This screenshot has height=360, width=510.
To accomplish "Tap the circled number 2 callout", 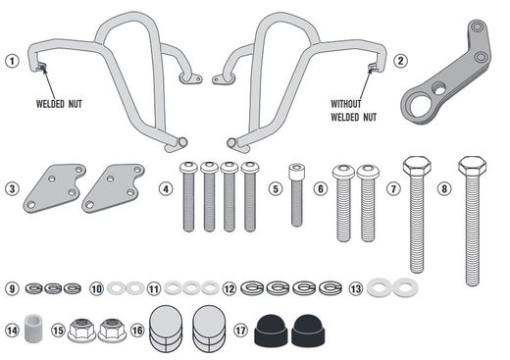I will tap(400, 61).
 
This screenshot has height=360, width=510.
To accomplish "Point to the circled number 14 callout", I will tap(12, 330).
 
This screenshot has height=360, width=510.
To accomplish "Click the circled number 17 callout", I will tap(239, 330).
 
